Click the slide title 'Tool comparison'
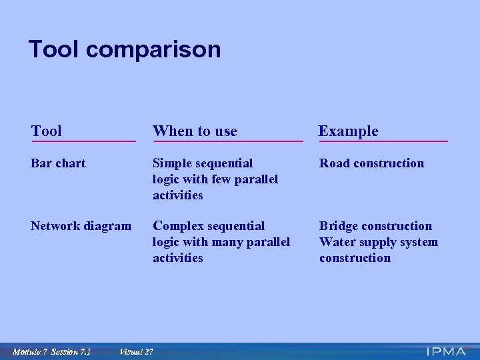click(x=124, y=49)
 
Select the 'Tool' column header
click(x=47, y=131)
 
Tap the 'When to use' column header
click(x=195, y=131)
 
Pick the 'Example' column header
click(x=348, y=131)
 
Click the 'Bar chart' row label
click(x=58, y=163)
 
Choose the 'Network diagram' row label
click(x=81, y=226)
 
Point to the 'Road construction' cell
click(x=371, y=163)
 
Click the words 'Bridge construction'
click(x=375, y=226)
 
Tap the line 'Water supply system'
click(x=379, y=242)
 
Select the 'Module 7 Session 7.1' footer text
click(x=51, y=351)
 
